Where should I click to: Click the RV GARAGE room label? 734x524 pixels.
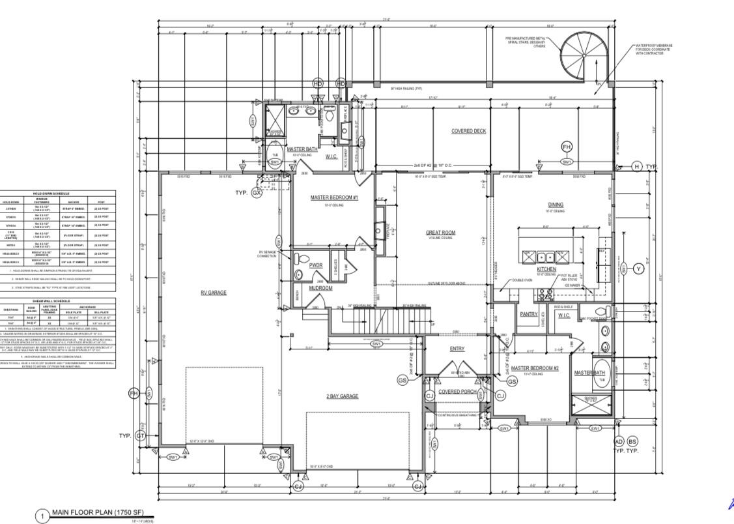tap(213, 293)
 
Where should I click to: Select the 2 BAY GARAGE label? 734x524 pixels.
tap(342, 396)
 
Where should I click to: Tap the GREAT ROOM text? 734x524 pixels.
tap(441, 233)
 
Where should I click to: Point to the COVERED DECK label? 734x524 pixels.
tap(468, 131)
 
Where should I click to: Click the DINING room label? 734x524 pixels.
tap(556, 205)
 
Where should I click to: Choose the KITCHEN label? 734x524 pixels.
tap(546, 269)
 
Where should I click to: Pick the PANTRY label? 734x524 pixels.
tap(528, 314)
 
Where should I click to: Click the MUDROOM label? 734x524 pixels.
tap(320, 287)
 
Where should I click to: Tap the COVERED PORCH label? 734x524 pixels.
tap(457, 392)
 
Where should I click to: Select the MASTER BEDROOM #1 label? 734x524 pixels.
tap(334, 197)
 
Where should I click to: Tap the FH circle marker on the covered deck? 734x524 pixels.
tap(567, 147)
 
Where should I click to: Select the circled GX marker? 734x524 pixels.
tap(257, 193)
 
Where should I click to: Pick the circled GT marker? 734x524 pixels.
tap(139, 436)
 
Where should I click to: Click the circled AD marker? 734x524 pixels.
tap(619, 442)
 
